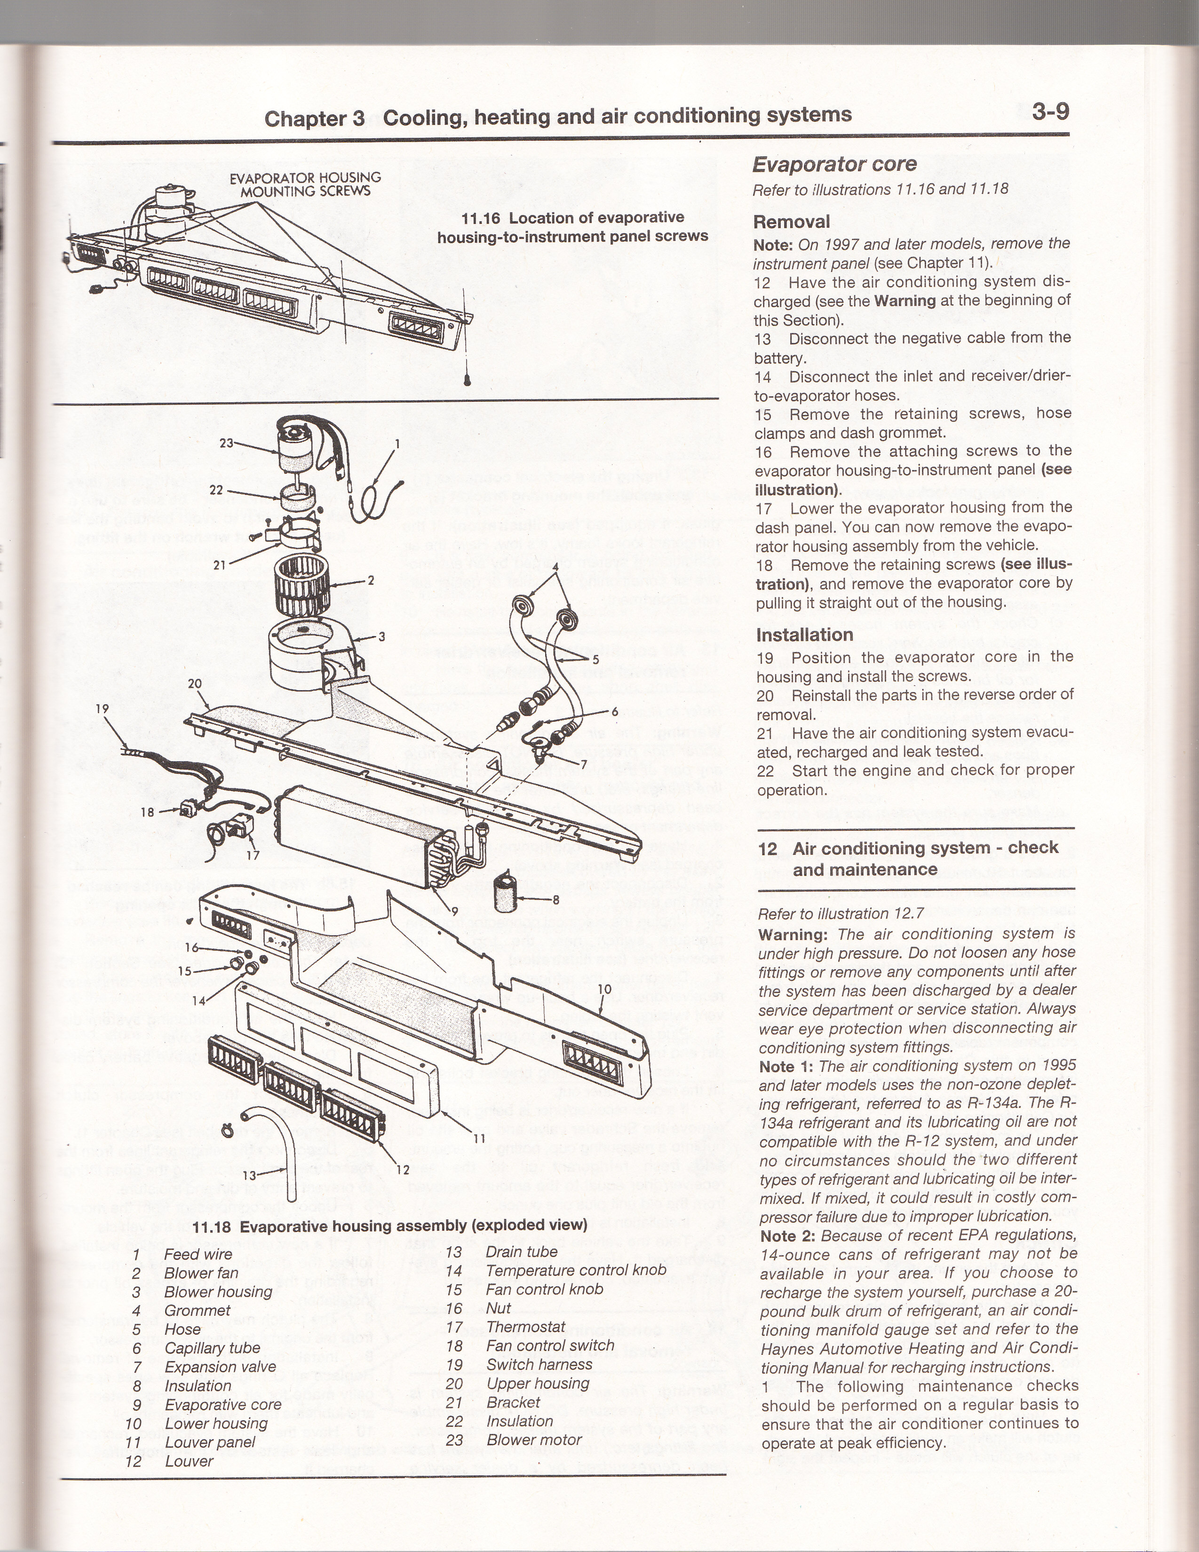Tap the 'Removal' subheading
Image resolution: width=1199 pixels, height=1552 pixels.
791,222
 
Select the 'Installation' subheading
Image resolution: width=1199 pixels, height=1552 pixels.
804,635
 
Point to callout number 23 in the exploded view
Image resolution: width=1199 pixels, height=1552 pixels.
226,443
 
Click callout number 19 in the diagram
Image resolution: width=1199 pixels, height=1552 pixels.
103,708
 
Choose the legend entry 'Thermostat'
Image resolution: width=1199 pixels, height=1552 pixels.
525,1327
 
